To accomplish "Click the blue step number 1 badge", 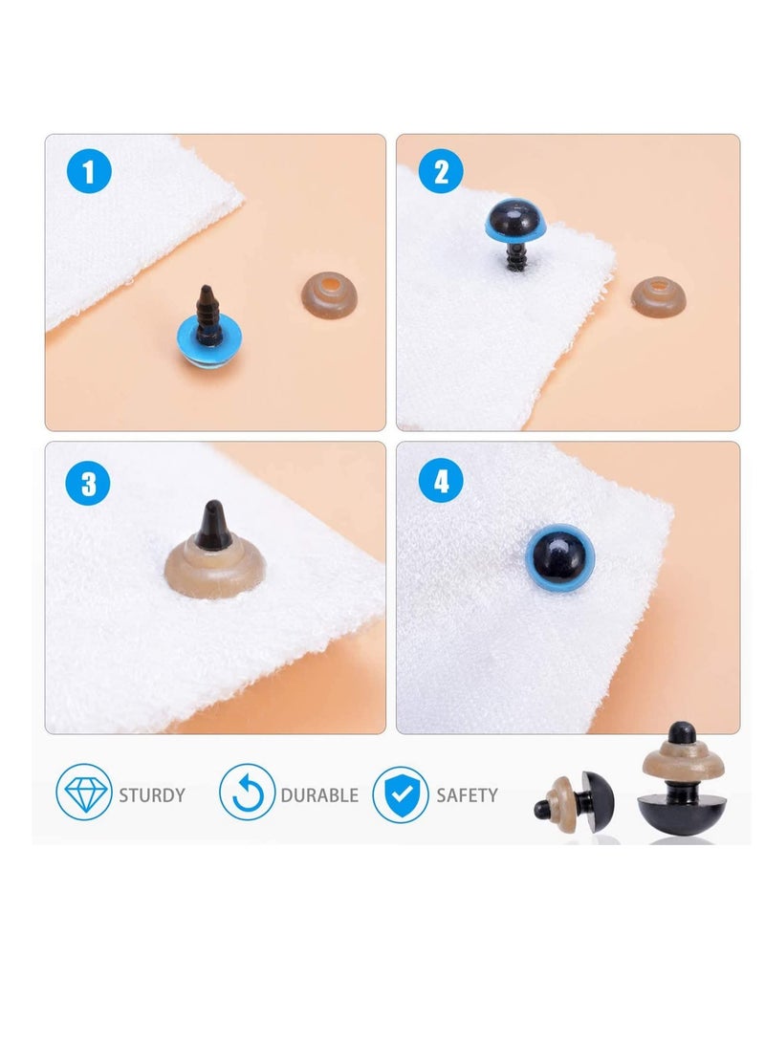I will point(89,174).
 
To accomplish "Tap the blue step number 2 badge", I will point(442,173).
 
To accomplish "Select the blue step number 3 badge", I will point(89,483).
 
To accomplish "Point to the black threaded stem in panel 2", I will point(516,258).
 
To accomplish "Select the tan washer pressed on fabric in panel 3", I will point(215,571).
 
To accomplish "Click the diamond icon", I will point(84,794).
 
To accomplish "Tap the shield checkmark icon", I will point(400,794).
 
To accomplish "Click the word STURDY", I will point(152,795).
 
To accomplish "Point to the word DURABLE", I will point(319,795).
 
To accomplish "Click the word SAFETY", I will point(467,795).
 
